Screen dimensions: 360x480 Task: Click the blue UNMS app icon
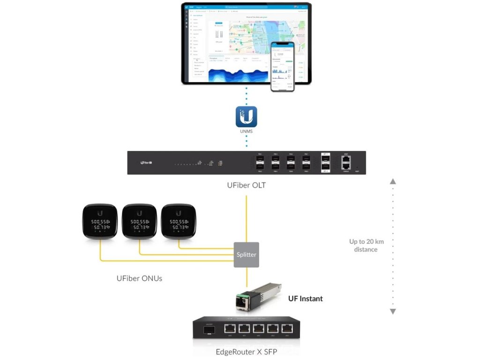coord(246,117)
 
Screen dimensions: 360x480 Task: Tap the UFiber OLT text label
coord(246,185)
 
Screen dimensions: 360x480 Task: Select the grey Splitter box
coord(246,255)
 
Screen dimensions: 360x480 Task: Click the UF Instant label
coord(305,299)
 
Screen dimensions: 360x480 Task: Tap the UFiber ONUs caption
coord(139,278)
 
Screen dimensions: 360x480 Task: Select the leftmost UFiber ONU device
coord(99,222)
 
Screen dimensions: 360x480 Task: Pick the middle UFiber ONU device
coord(139,222)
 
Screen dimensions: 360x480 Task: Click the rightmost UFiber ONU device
coord(178,222)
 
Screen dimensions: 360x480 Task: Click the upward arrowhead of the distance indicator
coord(393,181)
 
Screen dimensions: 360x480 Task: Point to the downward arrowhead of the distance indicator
coord(393,311)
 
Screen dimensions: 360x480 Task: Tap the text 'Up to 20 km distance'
coord(366,246)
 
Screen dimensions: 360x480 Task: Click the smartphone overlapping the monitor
coord(283,66)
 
